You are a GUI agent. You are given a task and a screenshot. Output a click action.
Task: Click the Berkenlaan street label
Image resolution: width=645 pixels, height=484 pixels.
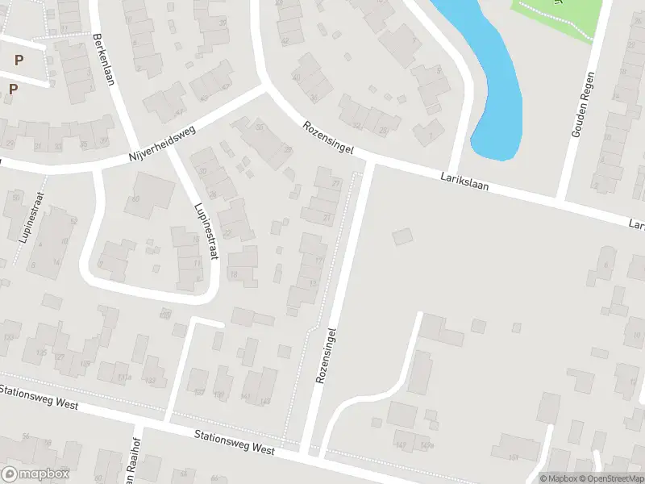click(x=102, y=58)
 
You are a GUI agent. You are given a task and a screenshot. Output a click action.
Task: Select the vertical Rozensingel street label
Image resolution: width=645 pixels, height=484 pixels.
click(x=325, y=355)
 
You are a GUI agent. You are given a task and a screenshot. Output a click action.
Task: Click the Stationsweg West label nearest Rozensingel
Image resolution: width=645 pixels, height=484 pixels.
click(x=235, y=444)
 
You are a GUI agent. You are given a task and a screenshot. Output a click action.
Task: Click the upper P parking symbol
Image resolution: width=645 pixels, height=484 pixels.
click(x=19, y=60)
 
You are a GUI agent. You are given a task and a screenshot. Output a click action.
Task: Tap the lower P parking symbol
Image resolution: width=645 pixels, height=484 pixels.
click(x=12, y=89)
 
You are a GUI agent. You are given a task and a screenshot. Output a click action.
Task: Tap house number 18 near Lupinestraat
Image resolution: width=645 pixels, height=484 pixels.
click(x=235, y=274)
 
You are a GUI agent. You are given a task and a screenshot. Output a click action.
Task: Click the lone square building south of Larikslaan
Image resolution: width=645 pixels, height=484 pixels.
click(x=401, y=236)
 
